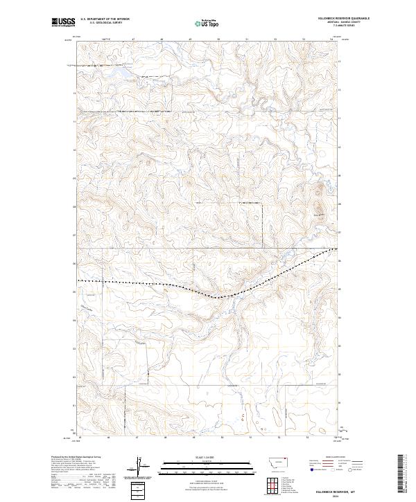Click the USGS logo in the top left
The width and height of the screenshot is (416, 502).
pyautogui.click(x=63, y=22)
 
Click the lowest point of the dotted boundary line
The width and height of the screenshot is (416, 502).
pyautogui.click(x=216, y=298)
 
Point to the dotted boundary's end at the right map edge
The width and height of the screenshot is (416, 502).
pyautogui.click(x=338, y=248)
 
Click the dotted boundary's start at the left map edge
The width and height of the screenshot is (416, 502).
pyautogui.click(x=78, y=280)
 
